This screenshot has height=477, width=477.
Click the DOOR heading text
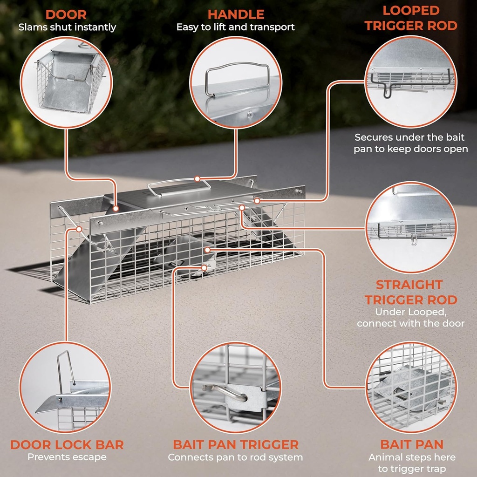66,14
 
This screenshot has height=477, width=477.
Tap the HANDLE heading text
236,14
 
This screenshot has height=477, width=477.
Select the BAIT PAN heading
411,444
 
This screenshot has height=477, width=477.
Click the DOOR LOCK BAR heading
67,444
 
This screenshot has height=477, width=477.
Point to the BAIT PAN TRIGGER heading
236,444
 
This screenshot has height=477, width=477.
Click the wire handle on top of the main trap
179,186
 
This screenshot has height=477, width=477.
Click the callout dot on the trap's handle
197,179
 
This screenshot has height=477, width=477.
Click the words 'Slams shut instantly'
67,27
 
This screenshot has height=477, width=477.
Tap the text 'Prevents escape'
67,457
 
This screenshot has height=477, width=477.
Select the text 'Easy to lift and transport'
236,27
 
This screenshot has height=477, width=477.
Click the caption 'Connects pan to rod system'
236,457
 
